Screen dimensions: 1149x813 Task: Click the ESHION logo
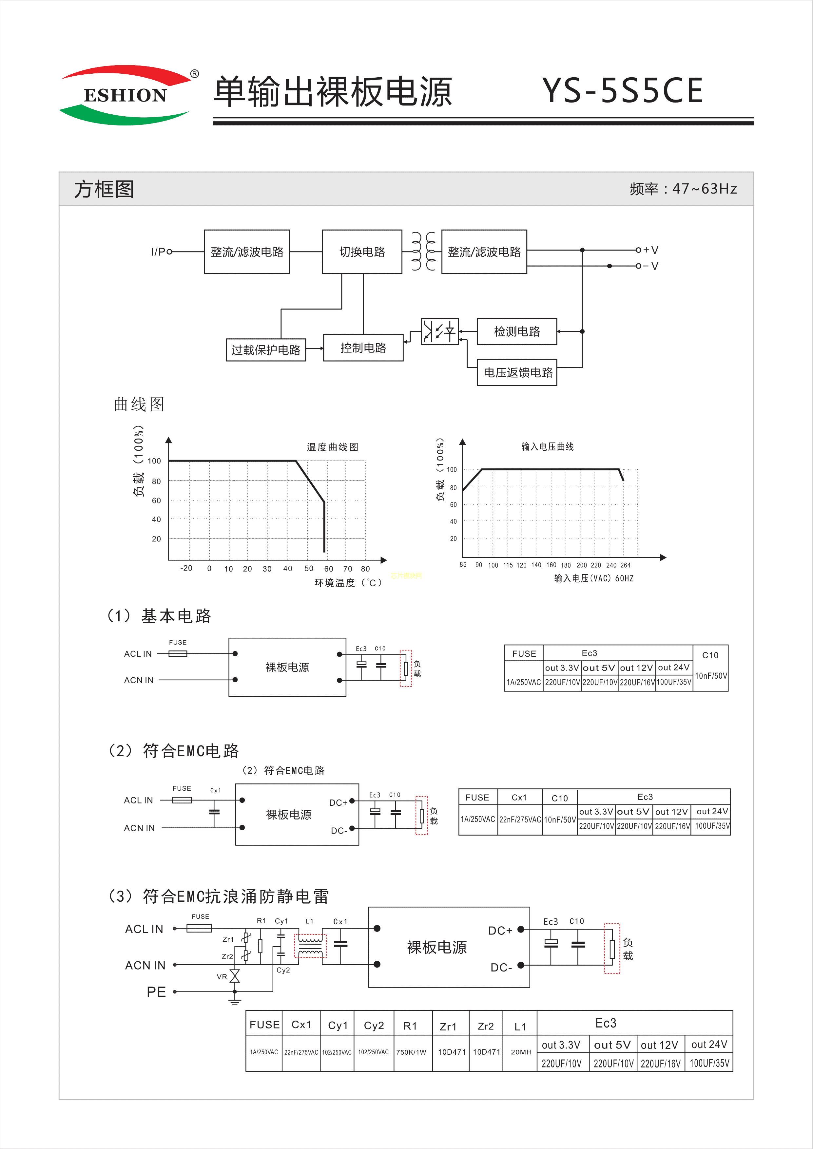(x=125, y=95)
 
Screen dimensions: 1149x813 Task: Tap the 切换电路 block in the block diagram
(x=362, y=252)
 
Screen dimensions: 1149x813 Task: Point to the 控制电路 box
(x=363, y=348)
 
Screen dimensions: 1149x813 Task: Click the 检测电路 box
(x=517, y=331)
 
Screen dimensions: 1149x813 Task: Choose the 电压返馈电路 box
(x=517, y=372)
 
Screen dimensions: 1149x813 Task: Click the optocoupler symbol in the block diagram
(x=439, y=331)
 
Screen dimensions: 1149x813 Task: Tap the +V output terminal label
(x=651, y=250)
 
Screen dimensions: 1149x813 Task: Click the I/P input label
(x=158, y=252)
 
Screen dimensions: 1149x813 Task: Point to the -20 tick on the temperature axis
(x=186, y=568)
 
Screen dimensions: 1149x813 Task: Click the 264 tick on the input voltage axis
(x=625, y=565)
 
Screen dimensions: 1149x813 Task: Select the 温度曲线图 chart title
(x=332, y=447)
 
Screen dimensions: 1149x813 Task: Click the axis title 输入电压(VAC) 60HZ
(x=594, y=578)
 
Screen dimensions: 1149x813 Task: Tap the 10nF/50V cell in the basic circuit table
(x=711, y=676)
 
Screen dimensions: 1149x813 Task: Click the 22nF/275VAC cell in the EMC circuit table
(x=520, y=819)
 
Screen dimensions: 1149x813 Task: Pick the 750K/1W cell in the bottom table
(x=411, y=1052)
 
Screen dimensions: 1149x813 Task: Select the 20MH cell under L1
(x=521, y=1052)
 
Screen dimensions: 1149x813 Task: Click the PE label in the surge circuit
(x=156, y=992)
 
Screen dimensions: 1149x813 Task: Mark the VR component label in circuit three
(x=222, y=976)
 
